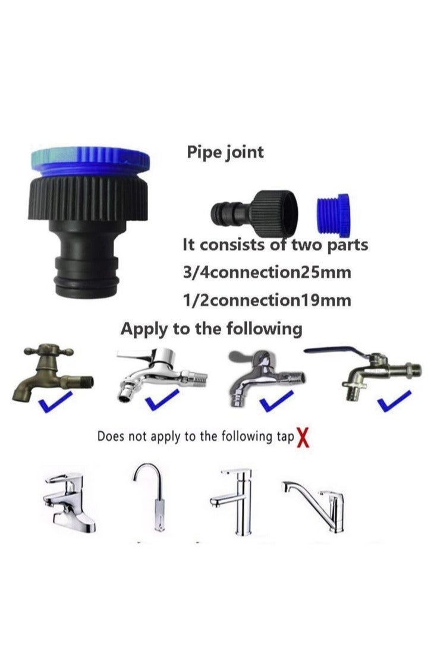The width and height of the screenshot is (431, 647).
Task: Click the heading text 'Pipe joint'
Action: [x=225, y=152]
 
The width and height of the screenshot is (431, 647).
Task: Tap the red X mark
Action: [x=303, y=438]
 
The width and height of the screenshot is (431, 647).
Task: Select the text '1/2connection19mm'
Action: [x=266, y=300]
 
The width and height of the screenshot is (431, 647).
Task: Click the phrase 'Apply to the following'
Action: [x=211, y=328]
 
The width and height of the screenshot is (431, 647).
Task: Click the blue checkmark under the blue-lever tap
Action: [x=394, y=401]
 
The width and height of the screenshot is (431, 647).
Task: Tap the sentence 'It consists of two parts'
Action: [x=275, y=244]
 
